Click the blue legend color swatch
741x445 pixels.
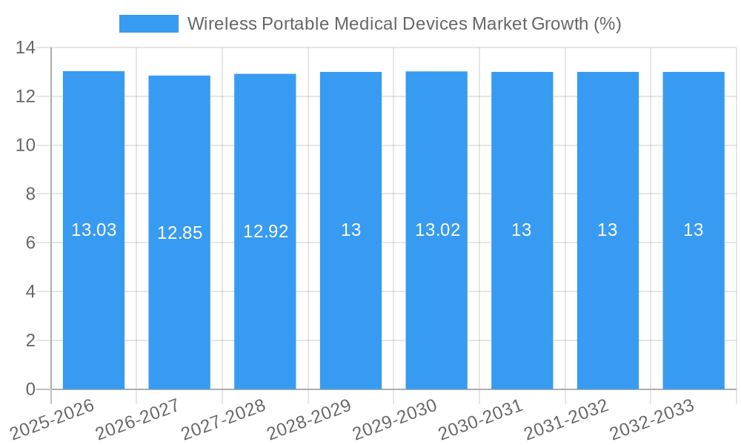pos(148,24)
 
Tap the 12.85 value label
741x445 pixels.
pos(179,233)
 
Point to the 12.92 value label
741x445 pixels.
pos(265,231)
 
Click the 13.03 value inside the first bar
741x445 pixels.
pos(93,230)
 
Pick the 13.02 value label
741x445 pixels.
pos(437,230)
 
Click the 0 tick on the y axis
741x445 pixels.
pos(30,389)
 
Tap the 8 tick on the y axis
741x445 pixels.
pos(30,194)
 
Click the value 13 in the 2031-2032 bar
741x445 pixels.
pos(608,230)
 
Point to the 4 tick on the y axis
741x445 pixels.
pos(30,291)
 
